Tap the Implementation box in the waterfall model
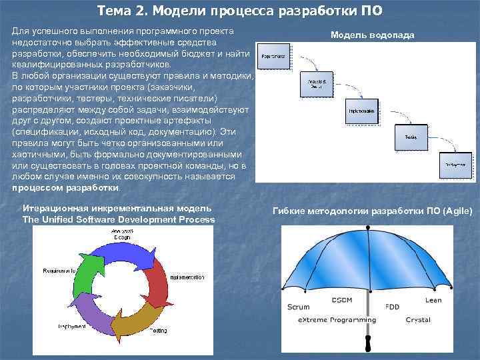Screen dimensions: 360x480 [361, 111]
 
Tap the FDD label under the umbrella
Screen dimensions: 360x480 [393, 307]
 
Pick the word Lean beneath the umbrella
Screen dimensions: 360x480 [433, 300]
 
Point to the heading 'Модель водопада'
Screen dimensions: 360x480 [372, 35]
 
